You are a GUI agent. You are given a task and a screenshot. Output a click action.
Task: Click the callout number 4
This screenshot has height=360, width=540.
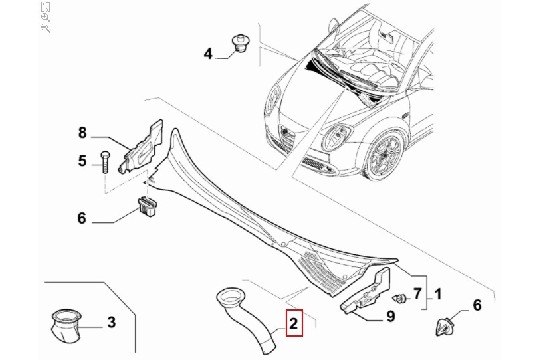click(x=208, y=54)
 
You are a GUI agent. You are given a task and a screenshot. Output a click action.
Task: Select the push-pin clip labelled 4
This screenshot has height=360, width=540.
click(x=241, y=43)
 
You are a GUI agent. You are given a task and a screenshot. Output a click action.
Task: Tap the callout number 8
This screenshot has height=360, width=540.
click(x=82, y=133)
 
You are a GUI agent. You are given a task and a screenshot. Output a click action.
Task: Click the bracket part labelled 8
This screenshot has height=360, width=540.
click(x=142, y=147)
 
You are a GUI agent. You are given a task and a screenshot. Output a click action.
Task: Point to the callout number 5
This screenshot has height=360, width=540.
click(x=82, y=161)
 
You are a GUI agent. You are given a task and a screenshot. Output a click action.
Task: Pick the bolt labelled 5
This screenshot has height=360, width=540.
click(x=104, y=162)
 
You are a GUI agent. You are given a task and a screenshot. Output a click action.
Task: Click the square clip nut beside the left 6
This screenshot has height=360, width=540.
click(x=148, y=206)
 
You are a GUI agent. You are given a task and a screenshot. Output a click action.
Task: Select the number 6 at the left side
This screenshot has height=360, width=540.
click(x=82, y=218)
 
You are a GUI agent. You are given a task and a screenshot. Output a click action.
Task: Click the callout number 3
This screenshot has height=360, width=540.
click(x=111, y=322)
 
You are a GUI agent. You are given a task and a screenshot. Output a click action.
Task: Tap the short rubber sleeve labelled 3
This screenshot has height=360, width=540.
click(x=65, y=326)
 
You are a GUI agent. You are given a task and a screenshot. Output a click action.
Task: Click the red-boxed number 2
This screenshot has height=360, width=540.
click(x=293, y=323)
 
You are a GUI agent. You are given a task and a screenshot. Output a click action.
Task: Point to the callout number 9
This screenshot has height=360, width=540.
click(x=390, y=316)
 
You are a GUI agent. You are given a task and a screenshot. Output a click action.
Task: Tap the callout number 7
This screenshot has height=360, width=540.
click(x=417, y=294)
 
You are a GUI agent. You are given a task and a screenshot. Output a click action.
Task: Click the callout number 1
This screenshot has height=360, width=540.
click(x=438, y=294)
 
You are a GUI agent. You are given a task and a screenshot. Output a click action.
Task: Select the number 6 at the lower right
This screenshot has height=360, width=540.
click(x=477, y=305)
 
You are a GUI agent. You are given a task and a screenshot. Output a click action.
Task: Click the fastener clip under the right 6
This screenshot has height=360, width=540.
click(x=445, y=326)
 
